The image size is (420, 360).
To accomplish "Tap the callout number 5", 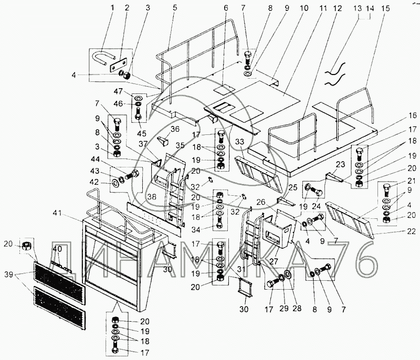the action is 175,7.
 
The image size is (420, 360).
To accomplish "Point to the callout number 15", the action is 385,8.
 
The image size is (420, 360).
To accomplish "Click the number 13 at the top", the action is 358,8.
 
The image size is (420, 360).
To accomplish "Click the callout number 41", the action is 57,213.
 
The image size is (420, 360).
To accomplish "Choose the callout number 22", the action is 412,231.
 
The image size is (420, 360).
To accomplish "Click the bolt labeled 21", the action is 386,190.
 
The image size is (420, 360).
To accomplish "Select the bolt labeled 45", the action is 139,114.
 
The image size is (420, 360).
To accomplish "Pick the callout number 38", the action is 152,197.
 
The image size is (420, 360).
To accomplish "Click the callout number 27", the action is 274,261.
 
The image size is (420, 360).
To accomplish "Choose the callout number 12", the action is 337,8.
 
